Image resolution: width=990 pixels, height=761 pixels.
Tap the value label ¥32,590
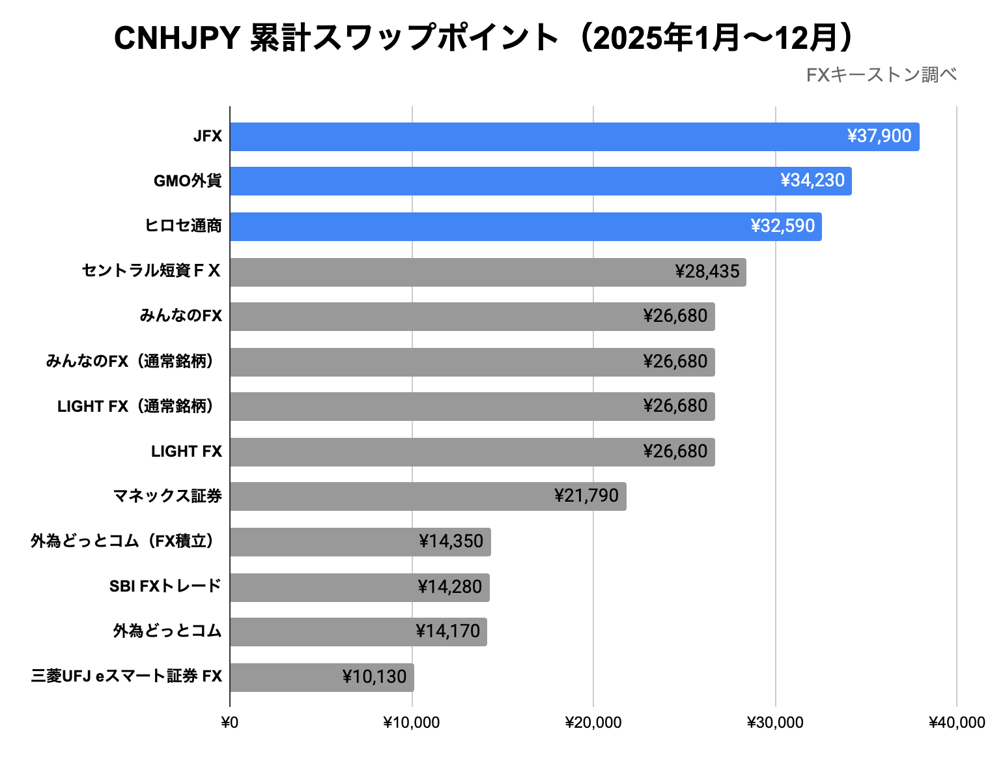[x=782, y=226]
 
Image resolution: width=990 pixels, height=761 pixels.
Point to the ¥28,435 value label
[x=707, y=271]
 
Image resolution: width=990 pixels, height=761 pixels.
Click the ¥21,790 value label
[x=586, y=496]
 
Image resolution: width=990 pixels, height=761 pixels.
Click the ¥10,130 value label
[x=375, y=677]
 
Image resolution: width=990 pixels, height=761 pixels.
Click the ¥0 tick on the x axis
[x=230, y=723]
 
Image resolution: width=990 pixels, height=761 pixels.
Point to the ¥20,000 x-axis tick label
[x=593, y=723]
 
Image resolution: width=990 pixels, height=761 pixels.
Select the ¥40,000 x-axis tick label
[x=956, y=723]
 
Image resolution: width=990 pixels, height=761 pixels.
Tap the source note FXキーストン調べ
[x=881, y=76]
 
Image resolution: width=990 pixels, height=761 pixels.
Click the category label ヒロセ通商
[x=183, y=226]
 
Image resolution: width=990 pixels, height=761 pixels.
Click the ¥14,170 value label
[x=447, y=631]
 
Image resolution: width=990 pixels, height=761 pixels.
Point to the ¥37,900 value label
[x=879, y=136]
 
